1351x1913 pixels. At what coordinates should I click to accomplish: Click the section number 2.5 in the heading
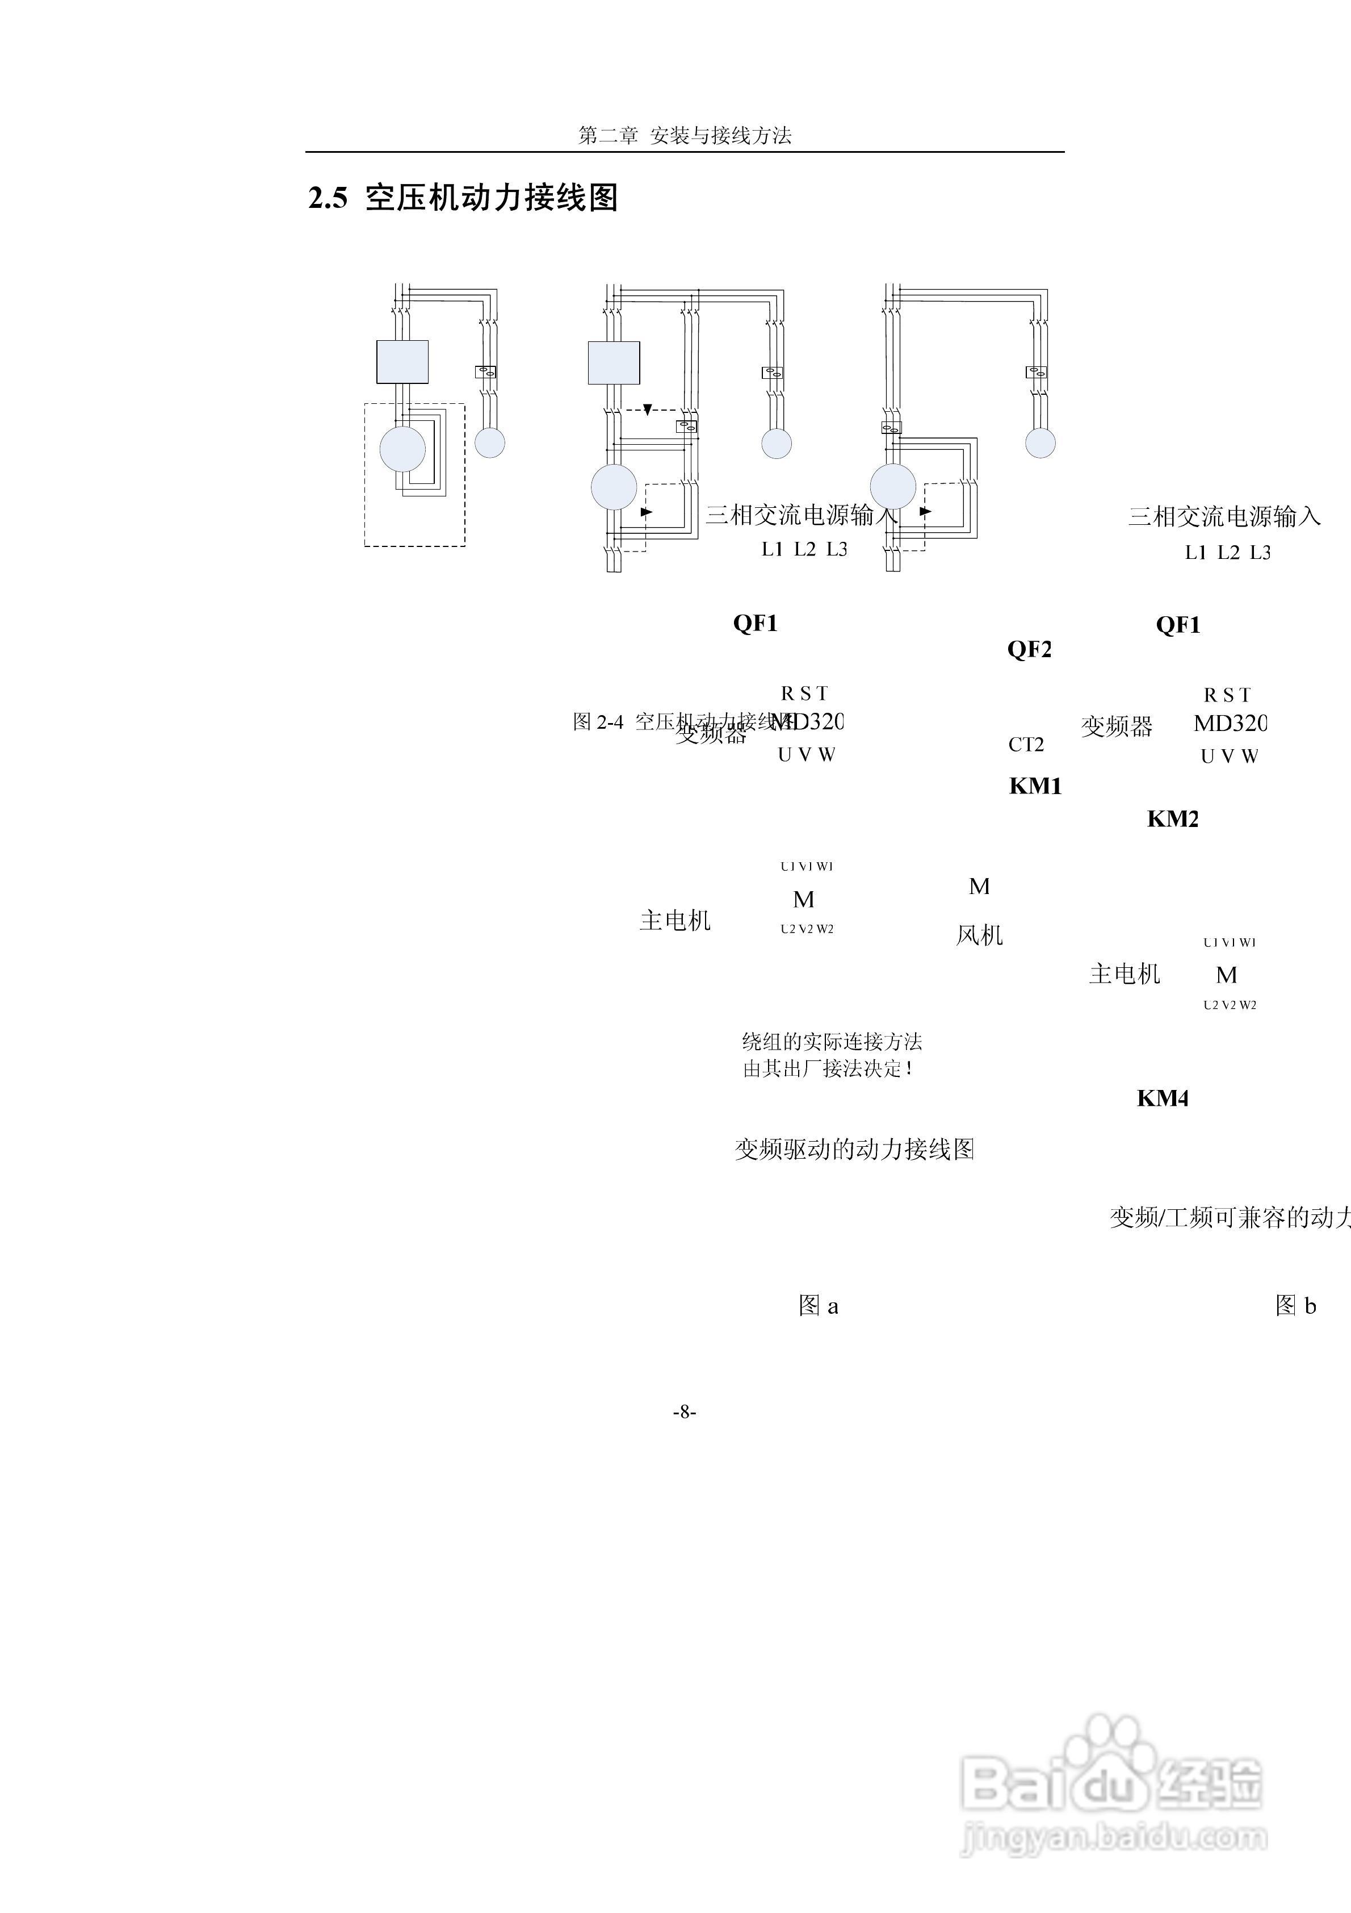click(x=328, y=198)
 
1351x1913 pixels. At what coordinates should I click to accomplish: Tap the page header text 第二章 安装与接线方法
click(x=685, y=136)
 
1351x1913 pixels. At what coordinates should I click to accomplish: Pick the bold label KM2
click(x=1172, y=819)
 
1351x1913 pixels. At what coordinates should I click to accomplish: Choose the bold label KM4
click(x=1162, y=1098)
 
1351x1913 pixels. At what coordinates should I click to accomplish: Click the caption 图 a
click(x=818, y=1306)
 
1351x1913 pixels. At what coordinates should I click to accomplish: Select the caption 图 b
click(x=1295, y=1306)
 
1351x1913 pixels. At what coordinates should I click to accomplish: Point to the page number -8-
click(x=684, y=1411)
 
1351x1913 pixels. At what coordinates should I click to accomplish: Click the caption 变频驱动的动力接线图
click(x=854, y=1150)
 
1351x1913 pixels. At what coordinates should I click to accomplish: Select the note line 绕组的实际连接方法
click(x=831, y=1042)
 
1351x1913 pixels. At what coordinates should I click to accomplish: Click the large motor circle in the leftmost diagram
click(x=402, y=448)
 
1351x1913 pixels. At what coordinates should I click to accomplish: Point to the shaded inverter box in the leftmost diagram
click(x=402, y=362)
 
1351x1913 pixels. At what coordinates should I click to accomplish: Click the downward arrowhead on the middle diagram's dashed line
click(x=647, y=410)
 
